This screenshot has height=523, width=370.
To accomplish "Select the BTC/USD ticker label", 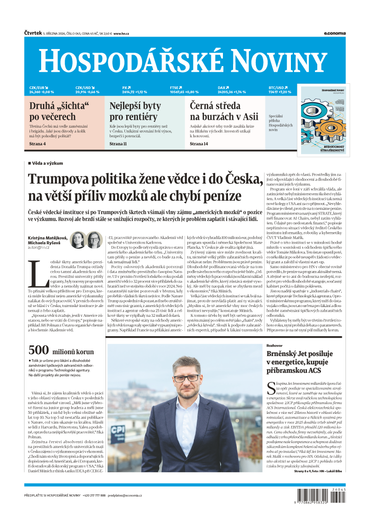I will (x=277, y=87).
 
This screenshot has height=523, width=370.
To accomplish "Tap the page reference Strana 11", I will (x=118, y=144).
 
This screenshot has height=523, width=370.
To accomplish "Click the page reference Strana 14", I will (x=199, y=144).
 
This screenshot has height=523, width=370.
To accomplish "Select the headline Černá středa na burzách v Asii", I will (x=224, y=111).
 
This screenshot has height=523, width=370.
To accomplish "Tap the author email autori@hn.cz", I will (x=39, y=247).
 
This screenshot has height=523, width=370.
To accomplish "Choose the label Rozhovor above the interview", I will (x=275, y=345).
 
